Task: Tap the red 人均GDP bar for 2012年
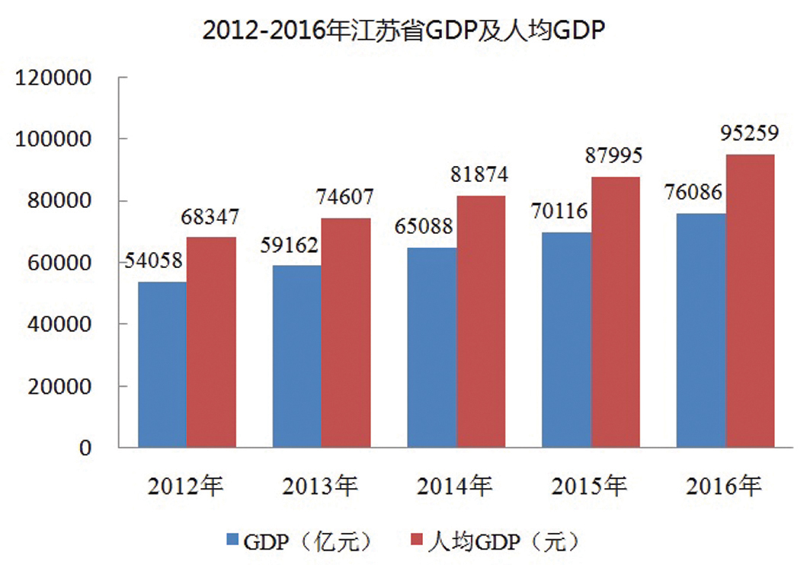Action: coord(211,342)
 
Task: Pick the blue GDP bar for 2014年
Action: coord(433,347)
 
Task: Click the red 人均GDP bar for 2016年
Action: coord(750,301)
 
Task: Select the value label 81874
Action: coord(479,174)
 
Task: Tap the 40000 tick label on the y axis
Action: coord(62,324)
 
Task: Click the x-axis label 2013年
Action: coord(320,486)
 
